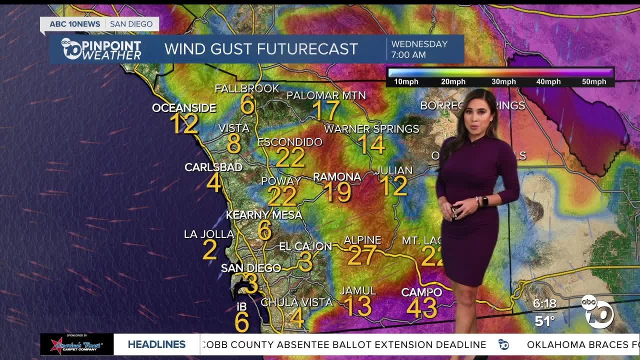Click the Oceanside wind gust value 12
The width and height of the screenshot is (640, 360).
click(x=183, y=123)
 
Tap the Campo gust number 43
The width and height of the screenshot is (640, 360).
click(x=422, y=308)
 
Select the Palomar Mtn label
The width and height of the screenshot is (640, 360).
click(x=326, y=95)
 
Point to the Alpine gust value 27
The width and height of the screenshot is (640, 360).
click(x=361, y=255)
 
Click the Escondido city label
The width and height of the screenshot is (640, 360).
click(x=290, y=142)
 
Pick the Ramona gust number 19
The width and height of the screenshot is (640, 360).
click(x=337, y=192)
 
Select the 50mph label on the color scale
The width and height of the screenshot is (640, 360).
click(x=595, y=82)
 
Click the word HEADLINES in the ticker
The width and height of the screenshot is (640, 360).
click(x=156, y=344)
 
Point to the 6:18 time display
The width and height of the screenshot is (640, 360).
click(x=544, y=303)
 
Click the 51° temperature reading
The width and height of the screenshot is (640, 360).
click(x=544, y=320)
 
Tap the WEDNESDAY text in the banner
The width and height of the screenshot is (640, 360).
click(x=419, y=43)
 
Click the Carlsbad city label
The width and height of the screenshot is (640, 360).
click(x=213, y=167)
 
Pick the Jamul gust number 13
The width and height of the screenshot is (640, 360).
click(x=357, y=306)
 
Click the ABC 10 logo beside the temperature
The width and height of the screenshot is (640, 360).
click(x=597, y=311)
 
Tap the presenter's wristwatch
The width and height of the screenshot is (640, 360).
click(x=484, y=201)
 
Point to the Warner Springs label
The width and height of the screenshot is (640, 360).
click(x=371, y=129)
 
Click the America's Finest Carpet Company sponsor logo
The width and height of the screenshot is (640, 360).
click(x=76, y=344)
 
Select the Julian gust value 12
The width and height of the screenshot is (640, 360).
click(x=393, y=186)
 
